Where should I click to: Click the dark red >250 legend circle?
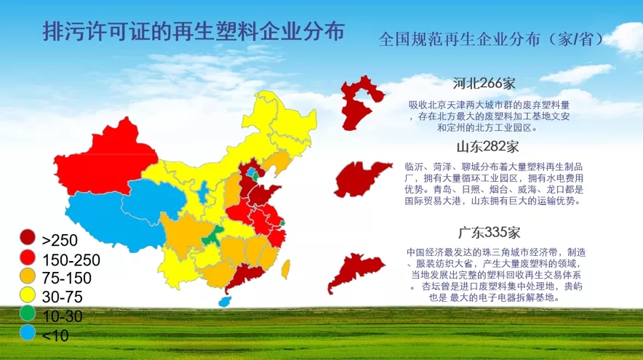point(28,237)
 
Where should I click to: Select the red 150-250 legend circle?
point(28,257)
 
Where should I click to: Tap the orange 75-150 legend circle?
point(28,276)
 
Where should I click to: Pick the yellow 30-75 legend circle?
point(28,295)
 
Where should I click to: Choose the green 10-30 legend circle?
point(28,313)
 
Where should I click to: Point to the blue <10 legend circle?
point(28,332)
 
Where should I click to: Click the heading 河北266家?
point(484,84)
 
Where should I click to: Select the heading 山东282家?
point(487,146)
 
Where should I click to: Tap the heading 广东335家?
point(490,233)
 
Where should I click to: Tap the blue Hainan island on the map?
point(225,302)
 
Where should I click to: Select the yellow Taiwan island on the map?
point(286,269)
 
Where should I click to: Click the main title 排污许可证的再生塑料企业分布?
point(193,31)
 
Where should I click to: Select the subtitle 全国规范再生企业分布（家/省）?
point(491,39)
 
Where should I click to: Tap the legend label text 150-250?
point(71,260)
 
